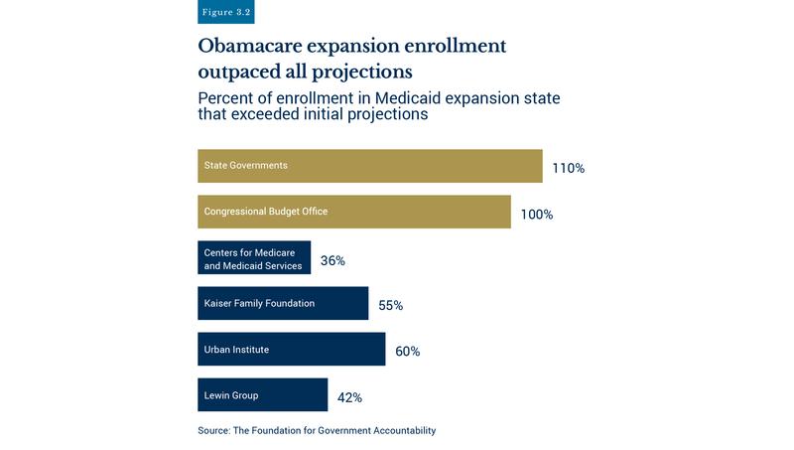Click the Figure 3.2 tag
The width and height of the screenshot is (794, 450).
[x=226, y=11]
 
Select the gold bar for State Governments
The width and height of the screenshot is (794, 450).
[x=369, y=166]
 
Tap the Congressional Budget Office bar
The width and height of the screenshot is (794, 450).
[x=353, y=212]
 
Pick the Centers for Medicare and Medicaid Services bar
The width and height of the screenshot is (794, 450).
[x=254, y=258]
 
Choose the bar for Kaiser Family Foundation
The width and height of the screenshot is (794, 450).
[x=283, y=304]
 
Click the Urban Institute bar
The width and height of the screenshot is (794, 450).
[x=291, y=350]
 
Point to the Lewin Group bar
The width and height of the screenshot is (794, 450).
[x=262, y=395]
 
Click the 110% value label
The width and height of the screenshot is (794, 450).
[x=569, y=169]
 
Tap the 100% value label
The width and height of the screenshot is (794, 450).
[x=537, y=215]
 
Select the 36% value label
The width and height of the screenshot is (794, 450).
[x=332, y=261]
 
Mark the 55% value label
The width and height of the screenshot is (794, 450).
[x=390, y=306]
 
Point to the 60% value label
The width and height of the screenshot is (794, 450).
[x=407, y=352]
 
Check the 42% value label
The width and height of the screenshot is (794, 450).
[x=349, y=397]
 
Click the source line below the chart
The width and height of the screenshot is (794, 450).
[x=318, y=431]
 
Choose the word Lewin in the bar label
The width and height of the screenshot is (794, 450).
[x=217, y=395]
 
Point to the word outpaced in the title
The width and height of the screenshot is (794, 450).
[x=241, y=74]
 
